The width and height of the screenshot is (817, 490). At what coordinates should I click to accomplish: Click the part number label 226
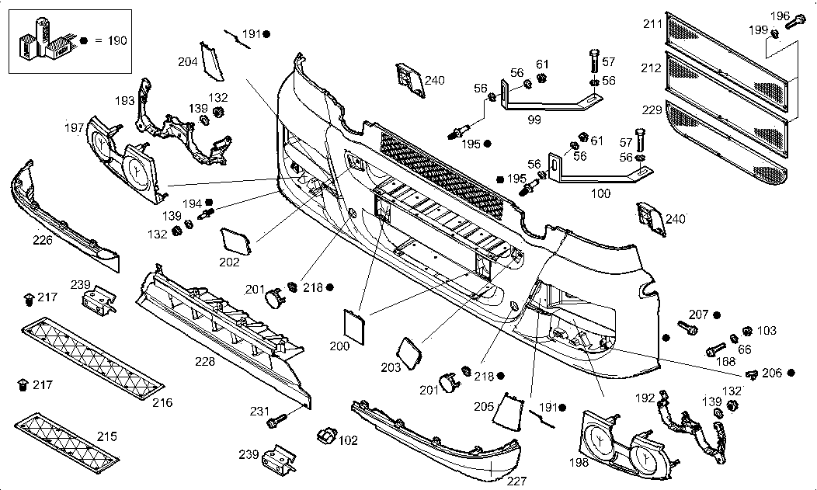point(43,240)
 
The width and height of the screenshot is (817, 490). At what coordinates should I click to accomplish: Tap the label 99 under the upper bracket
point(534,119)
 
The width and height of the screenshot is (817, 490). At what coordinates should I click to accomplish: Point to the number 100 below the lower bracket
point(600,193)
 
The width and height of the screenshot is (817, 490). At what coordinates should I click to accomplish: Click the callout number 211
point(652,24)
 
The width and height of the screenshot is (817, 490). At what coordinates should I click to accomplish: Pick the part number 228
point(204,361)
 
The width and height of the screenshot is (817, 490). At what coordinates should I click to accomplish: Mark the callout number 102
point(348,440)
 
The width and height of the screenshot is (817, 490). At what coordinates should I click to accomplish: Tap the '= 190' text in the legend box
point(110,39)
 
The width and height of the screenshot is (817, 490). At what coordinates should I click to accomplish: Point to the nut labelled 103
point(749,332)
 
